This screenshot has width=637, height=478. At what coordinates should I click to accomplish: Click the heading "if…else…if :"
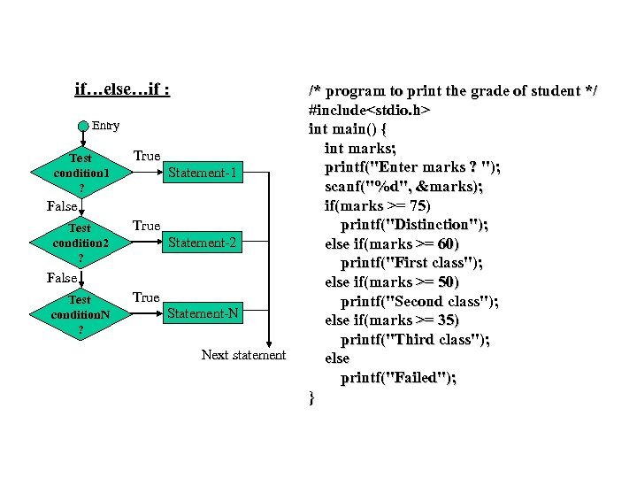pyautogui.click(x=123, y=89)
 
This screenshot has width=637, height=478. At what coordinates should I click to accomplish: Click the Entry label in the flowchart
pyautogui.click(x=106, y=126)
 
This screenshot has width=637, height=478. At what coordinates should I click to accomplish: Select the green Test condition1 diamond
pyautogui.click(x=81, y=173)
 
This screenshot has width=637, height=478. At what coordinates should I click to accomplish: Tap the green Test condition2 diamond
pyautogui.click(x=81, y=243)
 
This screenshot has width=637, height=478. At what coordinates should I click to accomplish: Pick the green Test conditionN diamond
pyautogui.click(x=81, y=314)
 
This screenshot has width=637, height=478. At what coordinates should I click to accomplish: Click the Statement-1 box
pyautogui.click(x=203, y=173)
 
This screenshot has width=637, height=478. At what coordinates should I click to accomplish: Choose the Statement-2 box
pyautogui.click(x=203, y=243)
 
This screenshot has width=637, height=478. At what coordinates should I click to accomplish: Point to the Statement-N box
pyautogui.click(x=203, y=314)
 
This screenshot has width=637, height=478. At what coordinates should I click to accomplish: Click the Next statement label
pyautogui.click(x=243, y=355)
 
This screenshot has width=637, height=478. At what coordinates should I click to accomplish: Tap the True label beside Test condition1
pyautogui.click(x=146, y=157)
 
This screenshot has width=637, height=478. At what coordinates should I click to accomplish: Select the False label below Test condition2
pyautogui.click(x=62, y=278)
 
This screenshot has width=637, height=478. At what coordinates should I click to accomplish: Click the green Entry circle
pyautogui.click(x=83, y=126)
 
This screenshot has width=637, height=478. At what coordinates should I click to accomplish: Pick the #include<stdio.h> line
pyautogui.click(x=369, y=111)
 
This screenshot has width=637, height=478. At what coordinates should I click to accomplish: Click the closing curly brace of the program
pyautogui.click(x=311, y=397)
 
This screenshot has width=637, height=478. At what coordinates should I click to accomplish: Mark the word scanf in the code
pyautogui.click(x=343, y=186)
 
